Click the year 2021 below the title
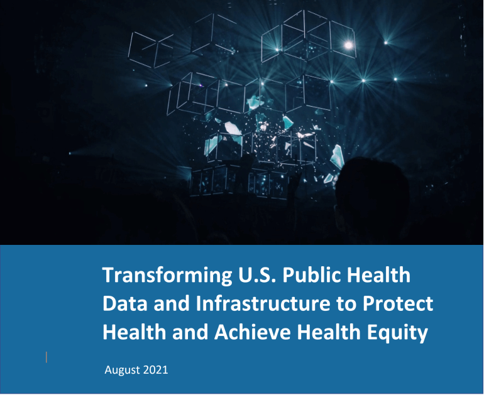(155, 370)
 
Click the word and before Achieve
(192, 333)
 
